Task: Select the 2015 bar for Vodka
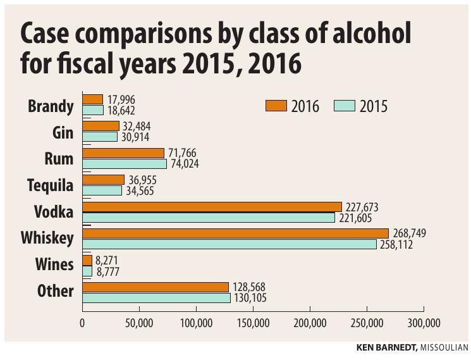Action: [x=209, y=218]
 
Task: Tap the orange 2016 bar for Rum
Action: [x=123, y=153]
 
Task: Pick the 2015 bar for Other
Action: [x=156, y=298]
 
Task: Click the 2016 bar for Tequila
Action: [x=103, y=180]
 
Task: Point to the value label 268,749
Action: [x=410, y=233]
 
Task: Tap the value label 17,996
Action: [x=120, y=100]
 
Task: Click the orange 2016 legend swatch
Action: [x=276, y=106]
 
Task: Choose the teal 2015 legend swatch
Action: [x=345, y=106]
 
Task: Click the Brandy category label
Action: [x=51, y=106]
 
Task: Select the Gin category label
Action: [x=62, y=132]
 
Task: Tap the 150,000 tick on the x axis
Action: [x=253, y=323]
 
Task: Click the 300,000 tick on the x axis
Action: [x=423, y=323]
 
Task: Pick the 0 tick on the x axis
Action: [x=82, y=323]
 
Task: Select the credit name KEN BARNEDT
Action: [x=386, y=347]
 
